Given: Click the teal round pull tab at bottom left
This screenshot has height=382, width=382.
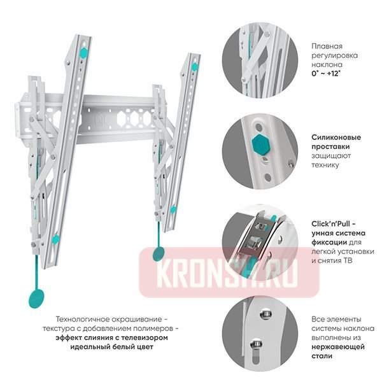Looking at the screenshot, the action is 36,298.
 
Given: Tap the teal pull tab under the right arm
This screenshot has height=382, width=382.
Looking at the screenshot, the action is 159,253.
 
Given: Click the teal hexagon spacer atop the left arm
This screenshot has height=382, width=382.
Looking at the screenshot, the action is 84,53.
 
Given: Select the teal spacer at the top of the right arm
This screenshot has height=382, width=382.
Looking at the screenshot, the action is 195,66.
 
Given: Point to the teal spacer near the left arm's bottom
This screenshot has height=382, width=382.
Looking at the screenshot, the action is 55,239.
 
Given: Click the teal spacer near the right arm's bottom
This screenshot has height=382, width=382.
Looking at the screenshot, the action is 173,209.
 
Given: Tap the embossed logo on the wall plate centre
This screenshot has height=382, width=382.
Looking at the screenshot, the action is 99,119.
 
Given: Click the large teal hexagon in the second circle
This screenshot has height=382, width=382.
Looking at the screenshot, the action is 260,145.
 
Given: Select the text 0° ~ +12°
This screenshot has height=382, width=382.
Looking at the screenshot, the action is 326,74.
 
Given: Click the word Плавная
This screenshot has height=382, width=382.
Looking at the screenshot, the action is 327,46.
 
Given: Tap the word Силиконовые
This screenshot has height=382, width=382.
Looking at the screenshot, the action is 336,138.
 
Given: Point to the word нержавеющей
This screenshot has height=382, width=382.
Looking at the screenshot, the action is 338,347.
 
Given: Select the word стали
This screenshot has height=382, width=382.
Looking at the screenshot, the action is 322,356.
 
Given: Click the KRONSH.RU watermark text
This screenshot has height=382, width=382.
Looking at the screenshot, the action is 227,272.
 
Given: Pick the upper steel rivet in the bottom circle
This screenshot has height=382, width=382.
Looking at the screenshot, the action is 265,315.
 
